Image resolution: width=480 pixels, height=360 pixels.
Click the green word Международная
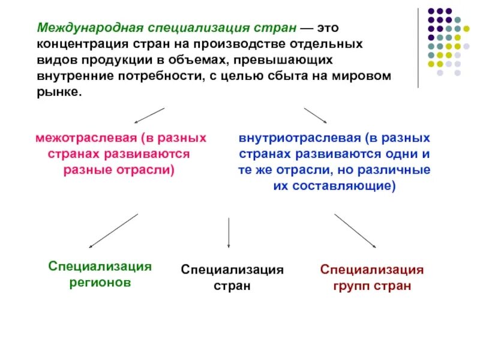77,28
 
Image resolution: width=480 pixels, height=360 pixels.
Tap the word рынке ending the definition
58,93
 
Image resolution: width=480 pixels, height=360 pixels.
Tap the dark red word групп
351,286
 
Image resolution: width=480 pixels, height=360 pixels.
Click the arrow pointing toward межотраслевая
148,115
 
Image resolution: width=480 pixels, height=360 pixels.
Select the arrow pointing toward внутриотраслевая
315,115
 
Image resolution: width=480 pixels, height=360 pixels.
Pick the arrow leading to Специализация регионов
113,230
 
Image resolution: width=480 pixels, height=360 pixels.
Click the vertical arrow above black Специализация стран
229,233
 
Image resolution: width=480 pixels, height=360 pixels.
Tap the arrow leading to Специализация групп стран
355,230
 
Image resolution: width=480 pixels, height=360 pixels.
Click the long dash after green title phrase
307,28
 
